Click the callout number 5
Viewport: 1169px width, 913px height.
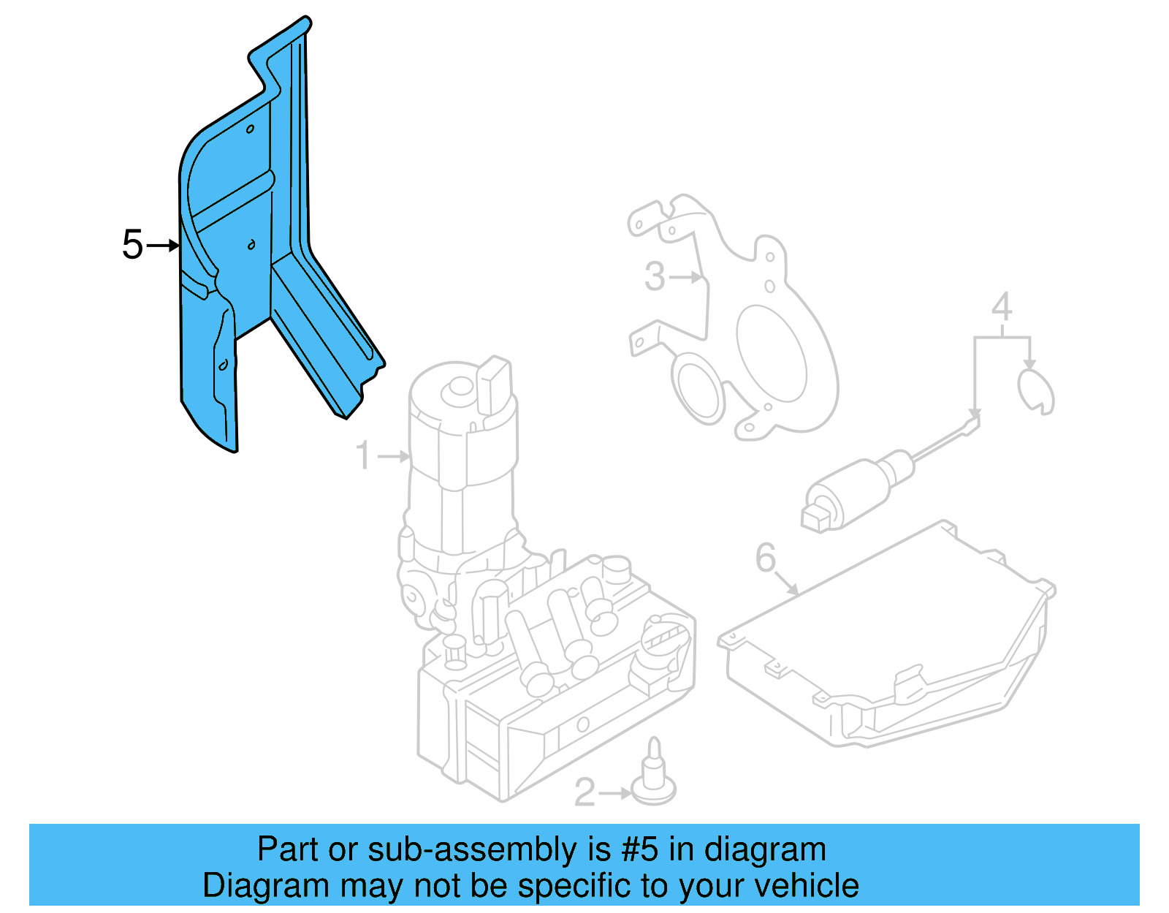pyautogui.click(x=132, y=244)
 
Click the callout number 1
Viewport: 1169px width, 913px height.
pyautogui.click(x=363, y=455)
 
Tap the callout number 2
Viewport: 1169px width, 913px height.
pyautogui.click(x=584, y=792)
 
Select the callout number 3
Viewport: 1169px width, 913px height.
pyautogui.click(x=655, y=277)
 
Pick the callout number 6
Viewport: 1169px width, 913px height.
pyautogui.click(x=765, y=558)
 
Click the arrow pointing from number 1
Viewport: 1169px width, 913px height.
pyautogui.click(x=395, y=456)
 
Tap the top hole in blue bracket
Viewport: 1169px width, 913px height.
pyautogui.click(x=250, y=129)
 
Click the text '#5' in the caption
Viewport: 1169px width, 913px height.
pyautogui.click(x=640, y=850)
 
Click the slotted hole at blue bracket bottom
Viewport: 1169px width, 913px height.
pyautogui.click(x=224, y=364)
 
